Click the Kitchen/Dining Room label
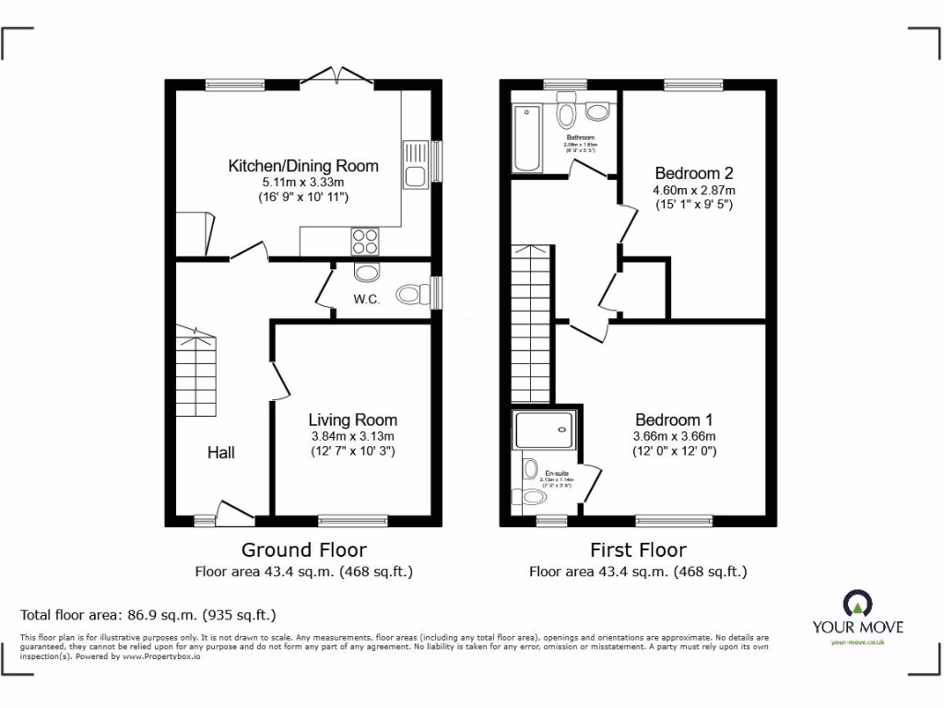click(x=303, y=166)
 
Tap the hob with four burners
click(x=364, y=240)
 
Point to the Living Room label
click(x=352, y=419)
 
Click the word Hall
click(x=220, y=452)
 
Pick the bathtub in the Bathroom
click(x=526, y=138)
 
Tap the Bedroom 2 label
click(x=687, y=173)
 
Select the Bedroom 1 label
click(x=675, y=419)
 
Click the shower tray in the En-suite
click(x=545, y=430)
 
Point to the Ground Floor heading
click(x=303, y=550)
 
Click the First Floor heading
click(x=638, y=550)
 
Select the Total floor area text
click(x=147, y=614)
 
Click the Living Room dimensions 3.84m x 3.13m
click(x=352, y=436)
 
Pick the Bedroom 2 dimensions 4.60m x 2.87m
click(x=693, y=190)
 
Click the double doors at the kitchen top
click(x=336, y=76)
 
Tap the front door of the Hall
click(x=233, y=512)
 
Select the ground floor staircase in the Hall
click(x=198, y=373)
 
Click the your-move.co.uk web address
click(x=857, y=642)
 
